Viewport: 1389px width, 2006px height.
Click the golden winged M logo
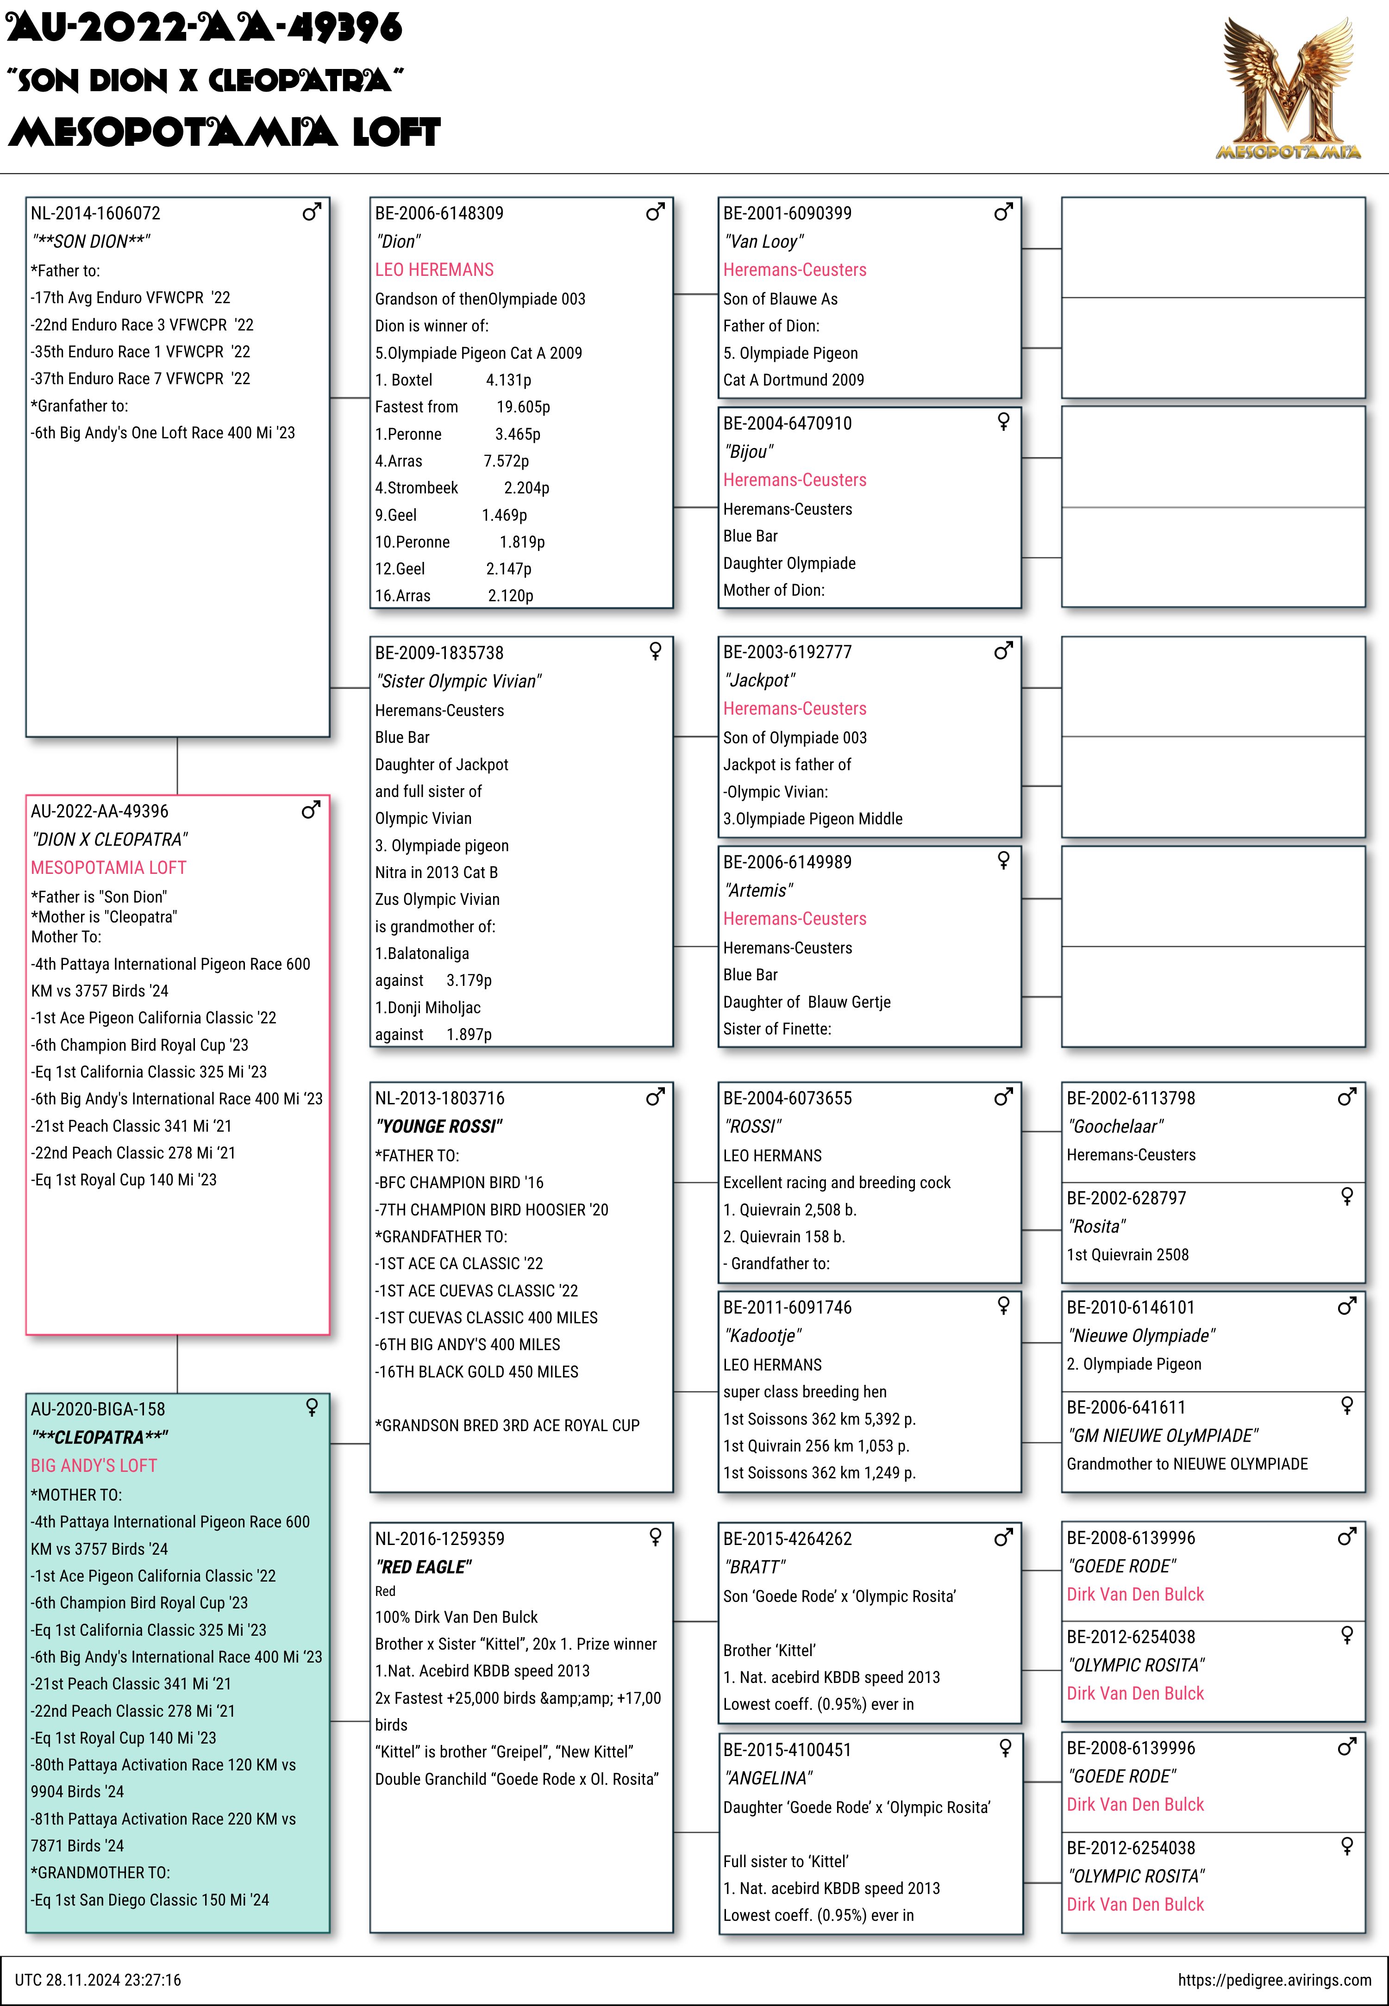click(1288, 87)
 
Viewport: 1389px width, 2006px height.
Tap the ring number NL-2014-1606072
click(96, 213)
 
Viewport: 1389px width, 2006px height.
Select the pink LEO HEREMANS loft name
click(434, 270)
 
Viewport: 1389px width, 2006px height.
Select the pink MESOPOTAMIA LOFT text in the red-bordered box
click(109, 867)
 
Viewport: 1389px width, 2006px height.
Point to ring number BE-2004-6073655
click(788, 1098)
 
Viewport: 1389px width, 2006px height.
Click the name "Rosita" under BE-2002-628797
click(1096, 1227)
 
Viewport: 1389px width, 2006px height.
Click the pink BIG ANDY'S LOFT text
click(94, 1466)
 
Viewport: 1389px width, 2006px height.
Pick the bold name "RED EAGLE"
click(423, 1567)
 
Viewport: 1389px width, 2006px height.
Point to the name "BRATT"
click(754, 1567)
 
